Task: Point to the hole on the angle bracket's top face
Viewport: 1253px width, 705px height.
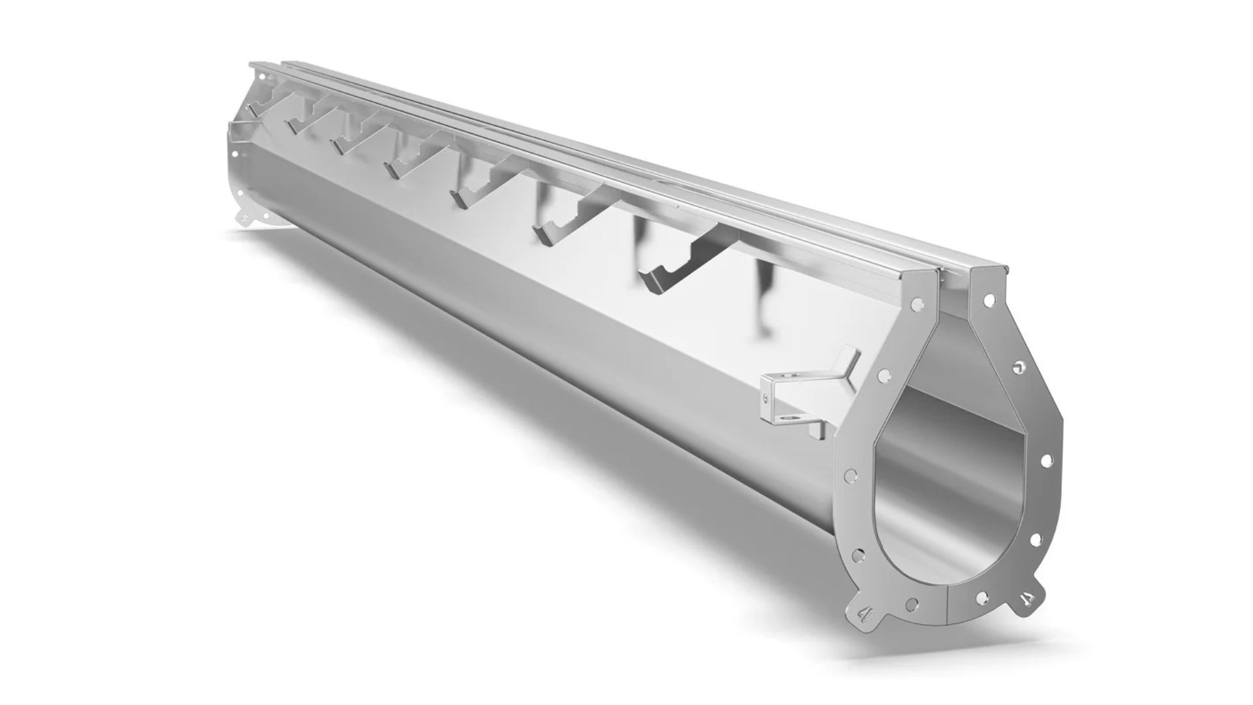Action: (x=791, y=377)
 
